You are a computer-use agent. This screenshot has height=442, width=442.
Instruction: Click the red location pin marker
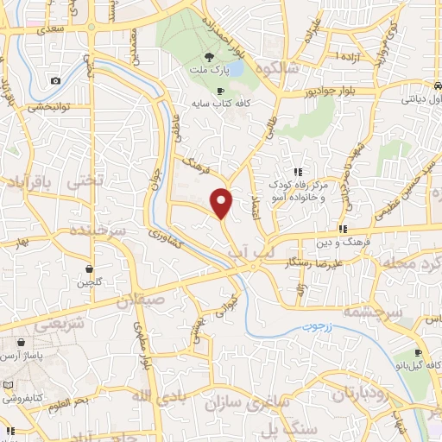click(x=223, y=203)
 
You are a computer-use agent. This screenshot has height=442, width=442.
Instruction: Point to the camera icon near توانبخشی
click(x=56, y=81)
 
